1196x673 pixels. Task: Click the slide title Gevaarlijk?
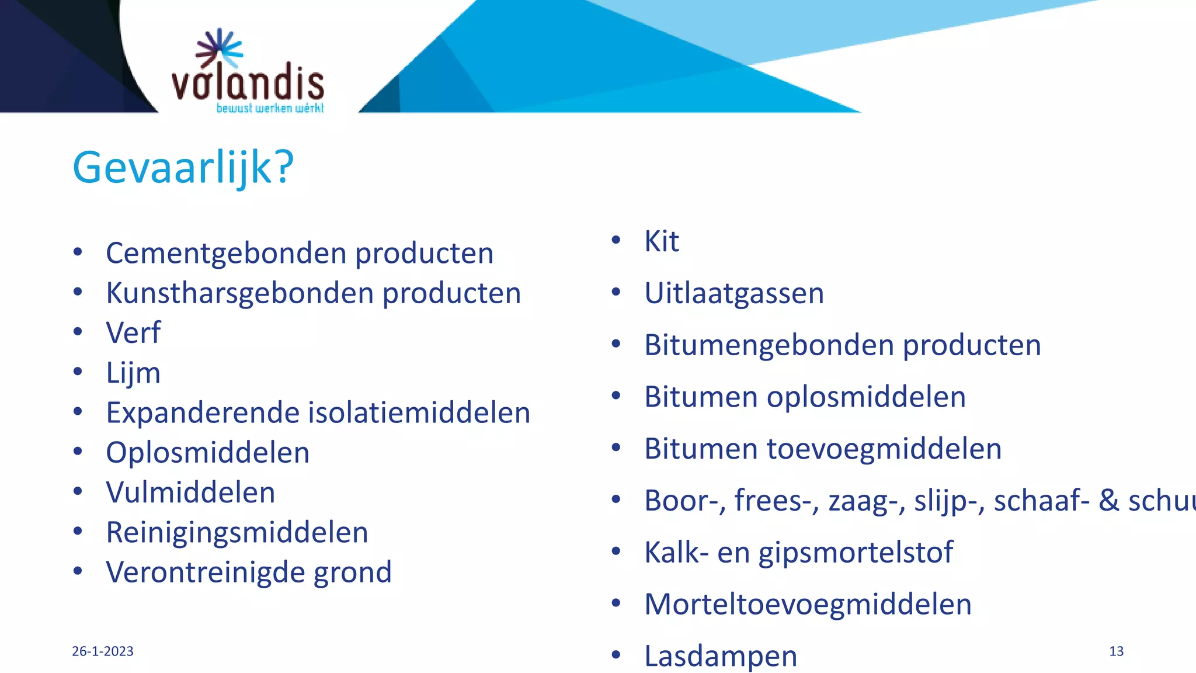point(183,167)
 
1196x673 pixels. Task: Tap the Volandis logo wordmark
point(248,83)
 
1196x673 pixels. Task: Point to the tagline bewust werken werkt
point(270,108)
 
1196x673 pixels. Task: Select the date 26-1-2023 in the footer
point(103,651)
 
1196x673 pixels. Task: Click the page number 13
point(1116,651)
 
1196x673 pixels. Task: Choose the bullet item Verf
point(133,333)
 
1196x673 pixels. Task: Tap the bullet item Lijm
point(133,373)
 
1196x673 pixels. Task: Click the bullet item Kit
point(661,241)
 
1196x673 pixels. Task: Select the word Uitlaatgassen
point(733,293)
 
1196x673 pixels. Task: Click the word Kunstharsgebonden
point(239,293)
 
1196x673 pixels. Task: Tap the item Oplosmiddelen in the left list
point(207,453)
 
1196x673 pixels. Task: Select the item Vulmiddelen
point(190,492)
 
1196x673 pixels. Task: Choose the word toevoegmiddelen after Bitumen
point(884,449)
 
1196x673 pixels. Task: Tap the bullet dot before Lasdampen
point(616,655)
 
